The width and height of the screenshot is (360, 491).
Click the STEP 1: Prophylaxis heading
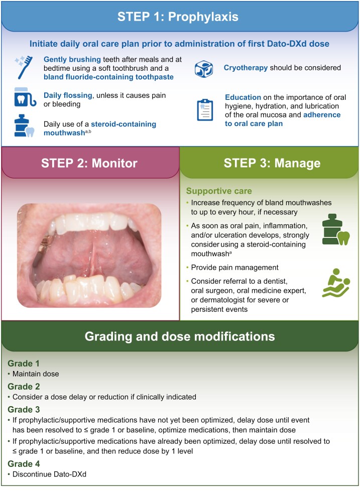point(178,17)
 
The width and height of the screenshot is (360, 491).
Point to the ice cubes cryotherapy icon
point(204,69)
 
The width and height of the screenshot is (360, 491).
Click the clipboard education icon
point(205,110)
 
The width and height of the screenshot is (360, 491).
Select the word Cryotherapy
point(246,68)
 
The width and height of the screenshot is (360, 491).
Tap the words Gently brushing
point(72,59)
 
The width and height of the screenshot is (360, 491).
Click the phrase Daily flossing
point(68,95)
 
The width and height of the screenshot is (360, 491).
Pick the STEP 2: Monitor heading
point(89,163)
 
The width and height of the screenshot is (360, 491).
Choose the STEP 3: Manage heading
point(272,163)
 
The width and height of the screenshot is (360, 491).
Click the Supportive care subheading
point(219,191)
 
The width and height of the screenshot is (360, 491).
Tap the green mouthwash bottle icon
point(335,229)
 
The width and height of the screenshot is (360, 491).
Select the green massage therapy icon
point(336,283)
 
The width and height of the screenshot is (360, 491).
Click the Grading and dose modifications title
point(180,336)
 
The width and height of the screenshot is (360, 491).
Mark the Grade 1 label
point(24,363)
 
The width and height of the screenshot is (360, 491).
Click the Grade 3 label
point(24,409)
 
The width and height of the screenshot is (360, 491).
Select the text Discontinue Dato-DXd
point(49,474)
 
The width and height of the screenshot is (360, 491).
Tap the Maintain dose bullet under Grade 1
point(36,374)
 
